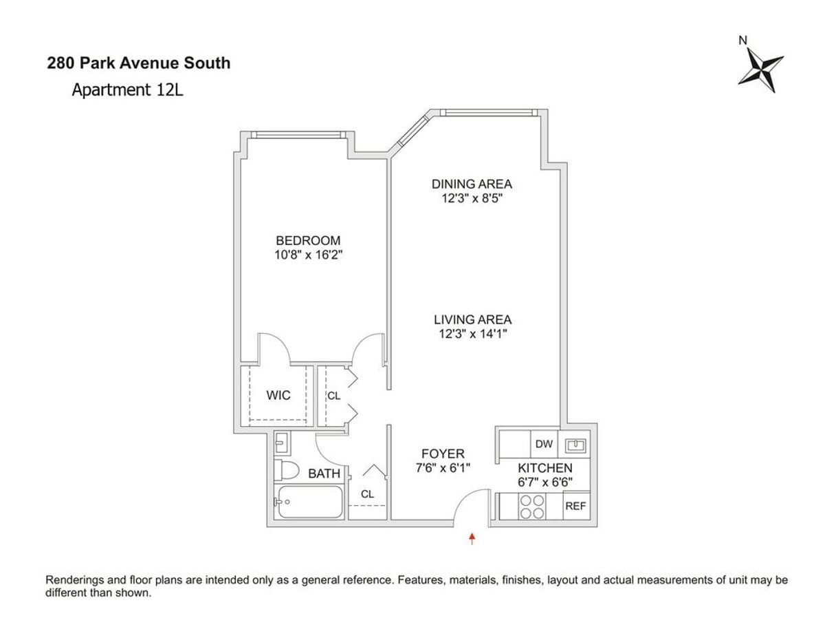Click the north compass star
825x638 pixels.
760,70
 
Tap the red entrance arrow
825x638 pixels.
472,538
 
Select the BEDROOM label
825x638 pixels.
308,240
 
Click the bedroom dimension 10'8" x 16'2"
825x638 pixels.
308,255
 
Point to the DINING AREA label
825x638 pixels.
472,184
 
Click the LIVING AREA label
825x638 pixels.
473,319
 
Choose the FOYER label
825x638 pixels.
443,454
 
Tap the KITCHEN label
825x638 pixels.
545,468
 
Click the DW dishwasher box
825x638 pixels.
544,444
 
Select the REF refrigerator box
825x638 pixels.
576,506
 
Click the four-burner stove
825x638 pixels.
532,507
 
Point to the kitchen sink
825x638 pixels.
575,445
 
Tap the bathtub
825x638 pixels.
310,502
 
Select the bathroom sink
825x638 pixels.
282,443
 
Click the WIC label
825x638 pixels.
278,395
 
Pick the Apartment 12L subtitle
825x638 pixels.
128,90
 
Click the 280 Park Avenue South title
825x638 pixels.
139,63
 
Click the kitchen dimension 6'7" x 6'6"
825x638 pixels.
545,482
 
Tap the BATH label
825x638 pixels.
324,474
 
